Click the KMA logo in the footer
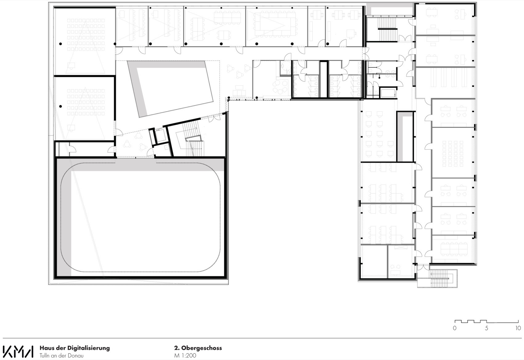pos(18,351)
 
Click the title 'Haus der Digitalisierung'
pos(75,348)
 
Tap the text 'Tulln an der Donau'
pos(61,355)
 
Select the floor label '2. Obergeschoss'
pos(198,348)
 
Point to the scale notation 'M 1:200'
pos(185,355)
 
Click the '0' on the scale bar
pos(455,328)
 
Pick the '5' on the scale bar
pos(486,328)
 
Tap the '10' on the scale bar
pos(518,328)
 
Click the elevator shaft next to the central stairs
pos(160,136)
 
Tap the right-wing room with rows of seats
pos(452,152)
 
